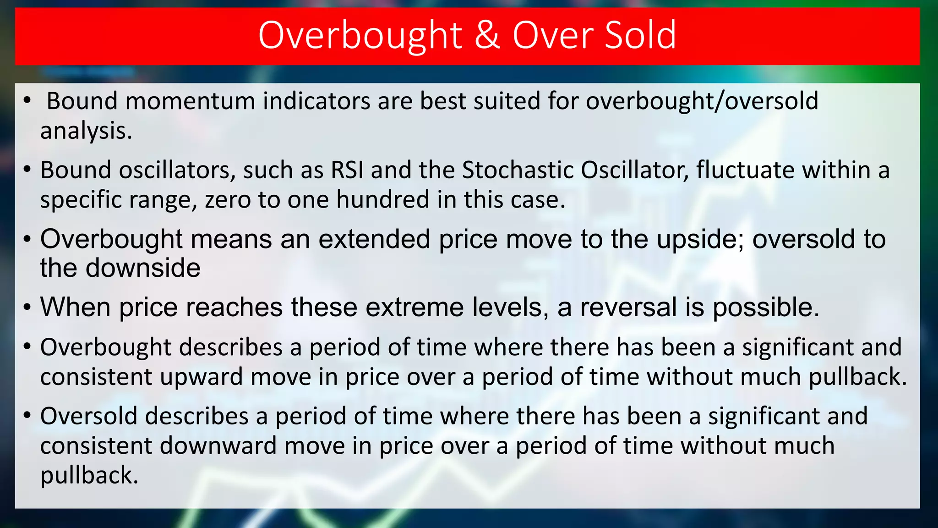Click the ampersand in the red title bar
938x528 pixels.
[x=487, y=35]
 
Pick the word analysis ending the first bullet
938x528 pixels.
[x=86, y=131]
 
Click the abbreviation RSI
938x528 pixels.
[x=347, y=170]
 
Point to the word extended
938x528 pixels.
[x=374, y=239]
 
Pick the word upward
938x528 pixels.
[x=202, y=377]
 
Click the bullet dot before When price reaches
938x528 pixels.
[x=27, y=308]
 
